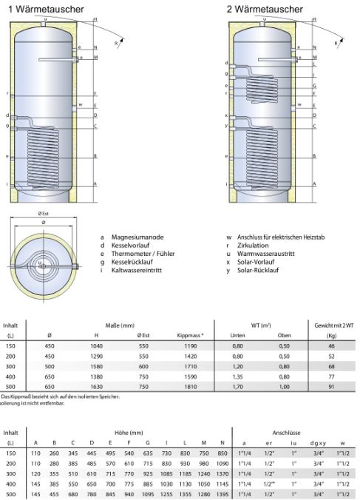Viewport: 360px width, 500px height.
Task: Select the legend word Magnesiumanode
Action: click(133, 238)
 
